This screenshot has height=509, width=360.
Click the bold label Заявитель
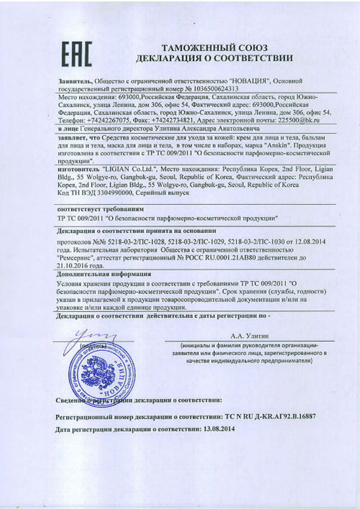click(x=75, y=81)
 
